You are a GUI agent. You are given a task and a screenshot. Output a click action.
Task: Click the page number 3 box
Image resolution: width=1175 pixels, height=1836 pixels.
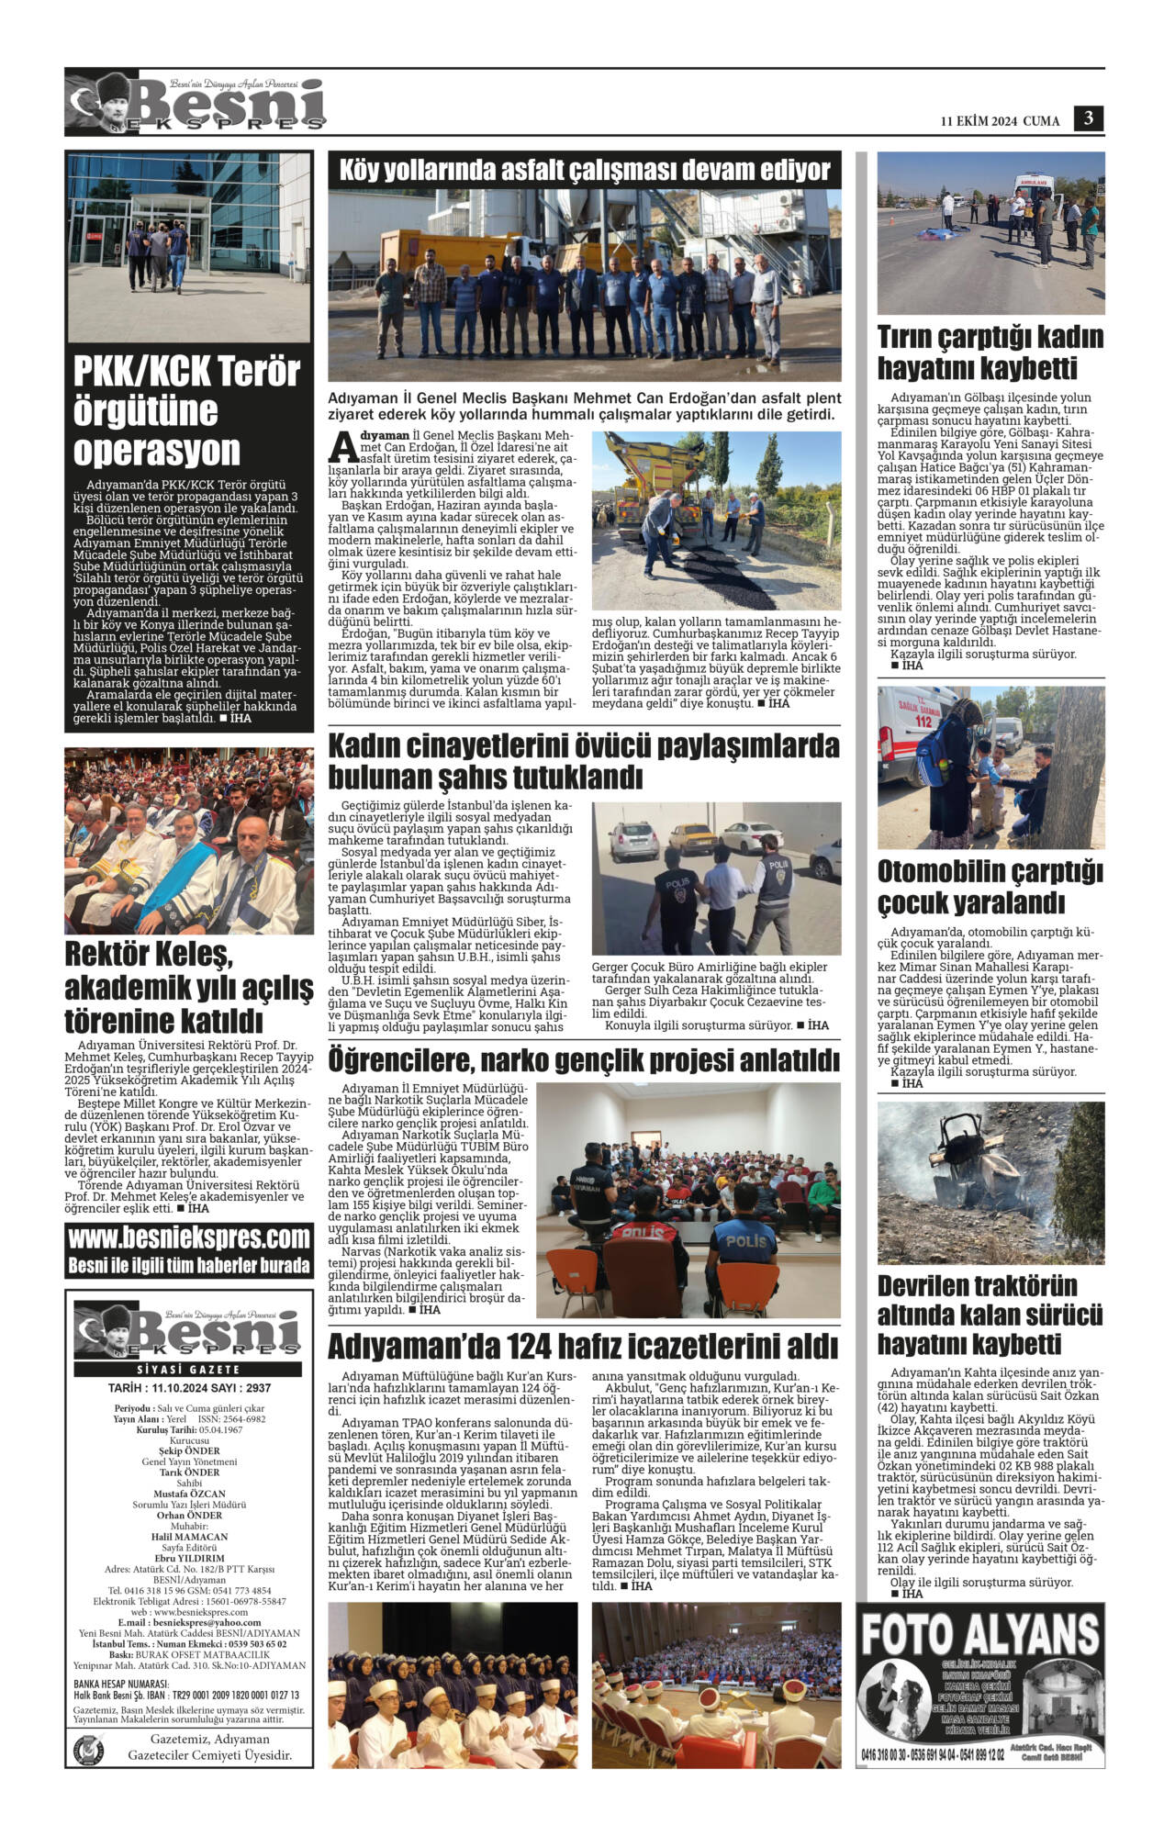[x=1089, y=118]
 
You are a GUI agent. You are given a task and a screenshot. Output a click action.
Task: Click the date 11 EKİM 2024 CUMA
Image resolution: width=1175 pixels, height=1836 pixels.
[x=1000, y=121]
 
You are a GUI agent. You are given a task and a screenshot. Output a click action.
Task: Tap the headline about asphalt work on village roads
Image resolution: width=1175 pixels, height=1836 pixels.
[x=584, y=171]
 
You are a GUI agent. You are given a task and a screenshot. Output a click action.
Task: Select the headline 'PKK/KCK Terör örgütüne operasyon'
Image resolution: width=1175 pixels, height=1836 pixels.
[x=186, y=411]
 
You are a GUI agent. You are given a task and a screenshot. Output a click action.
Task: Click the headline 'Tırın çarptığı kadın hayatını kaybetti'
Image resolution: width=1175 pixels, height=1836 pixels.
[x=990, y=353]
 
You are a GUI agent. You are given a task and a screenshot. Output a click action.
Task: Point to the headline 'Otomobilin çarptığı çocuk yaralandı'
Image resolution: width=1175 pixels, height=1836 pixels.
[x=990, y=887]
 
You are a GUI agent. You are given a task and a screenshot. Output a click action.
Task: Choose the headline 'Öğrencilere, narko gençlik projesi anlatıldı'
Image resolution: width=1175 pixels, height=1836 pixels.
[x=584, y=1061]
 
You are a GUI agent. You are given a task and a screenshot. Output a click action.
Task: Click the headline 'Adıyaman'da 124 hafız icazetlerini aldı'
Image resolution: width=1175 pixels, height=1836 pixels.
[x=583, y=1347]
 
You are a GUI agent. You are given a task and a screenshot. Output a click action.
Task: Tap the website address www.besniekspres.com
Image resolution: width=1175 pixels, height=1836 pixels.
[x=189, y=1238]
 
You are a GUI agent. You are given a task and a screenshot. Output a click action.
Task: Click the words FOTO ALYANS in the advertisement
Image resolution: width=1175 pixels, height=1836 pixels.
[x=979, y=1635]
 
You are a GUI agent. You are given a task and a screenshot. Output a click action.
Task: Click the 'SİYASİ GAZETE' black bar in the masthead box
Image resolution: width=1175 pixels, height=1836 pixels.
[x=188, y=1369]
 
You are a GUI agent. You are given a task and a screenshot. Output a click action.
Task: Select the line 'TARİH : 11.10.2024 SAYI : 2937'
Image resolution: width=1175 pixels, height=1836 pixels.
[x=188, y=1388]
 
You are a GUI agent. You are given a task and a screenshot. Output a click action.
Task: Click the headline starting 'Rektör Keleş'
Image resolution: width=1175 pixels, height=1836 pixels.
[x=188, y=988]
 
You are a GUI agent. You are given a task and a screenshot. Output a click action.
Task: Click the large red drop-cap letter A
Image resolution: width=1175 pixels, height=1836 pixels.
[x=341, y=445]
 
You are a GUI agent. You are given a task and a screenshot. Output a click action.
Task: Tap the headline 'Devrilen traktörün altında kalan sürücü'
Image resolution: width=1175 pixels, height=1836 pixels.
[x=990, y=1313]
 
